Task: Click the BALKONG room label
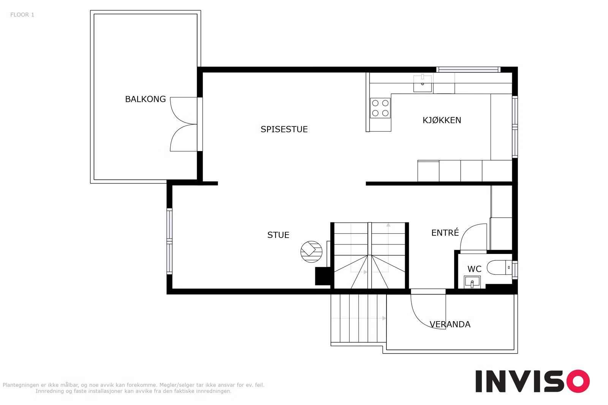pos(145,99)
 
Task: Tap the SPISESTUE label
pos(284,129)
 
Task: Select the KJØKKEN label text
pos(442,120)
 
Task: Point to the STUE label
pos(278,235)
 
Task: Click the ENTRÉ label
pos(445,232)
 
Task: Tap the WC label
pos(474,269)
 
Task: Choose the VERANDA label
pos(450,324)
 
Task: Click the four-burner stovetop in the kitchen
pos(380,108)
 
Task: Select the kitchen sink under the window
pos(423,84)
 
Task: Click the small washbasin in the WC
pos(472,282)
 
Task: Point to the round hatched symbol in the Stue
pos(311,252)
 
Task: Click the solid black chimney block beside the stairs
pos(323,276)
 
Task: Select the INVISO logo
pos(532,381)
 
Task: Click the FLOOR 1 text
pos(22,15)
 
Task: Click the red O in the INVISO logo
pos(578,381)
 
